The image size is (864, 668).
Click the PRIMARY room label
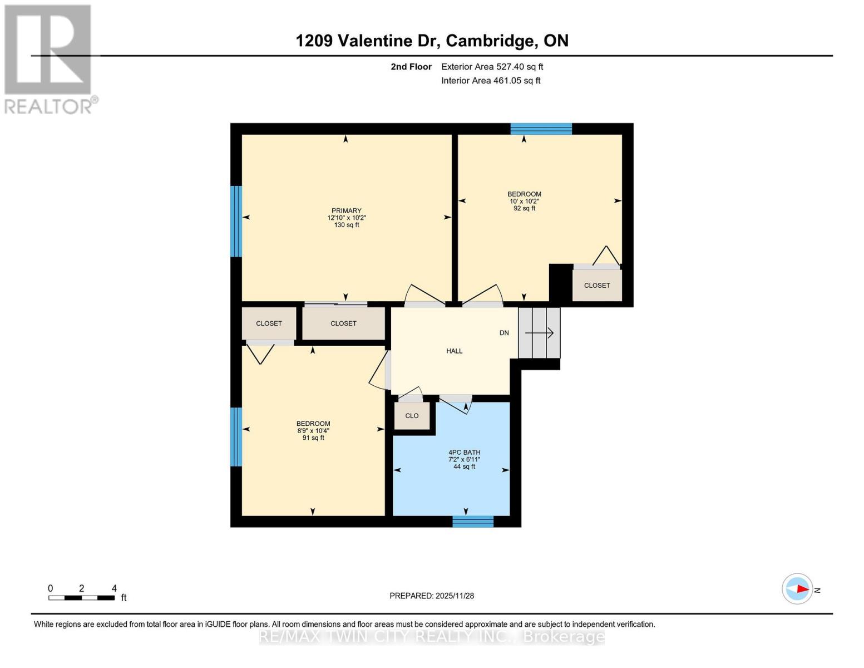tap(346, 211)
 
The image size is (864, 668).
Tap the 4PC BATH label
tap(464, 453)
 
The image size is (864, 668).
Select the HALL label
tap(454, 351)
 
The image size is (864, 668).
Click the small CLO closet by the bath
tap(412, 416)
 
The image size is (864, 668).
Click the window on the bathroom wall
tap(472, 522)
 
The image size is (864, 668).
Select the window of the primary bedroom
tap(236, 221)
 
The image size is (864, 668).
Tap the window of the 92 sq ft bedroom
tap(541, 129)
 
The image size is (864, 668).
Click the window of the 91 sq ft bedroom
tap(236, 437)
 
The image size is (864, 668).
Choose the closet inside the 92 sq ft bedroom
tap(596, 286)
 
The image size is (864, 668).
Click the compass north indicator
tap(797, 589)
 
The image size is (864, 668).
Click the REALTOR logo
tap(48, 58)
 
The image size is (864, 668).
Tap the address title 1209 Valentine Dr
tap(432, 41)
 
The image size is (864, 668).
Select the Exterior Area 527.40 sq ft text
tap(492, 67)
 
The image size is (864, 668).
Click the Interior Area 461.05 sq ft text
tap(491, 81)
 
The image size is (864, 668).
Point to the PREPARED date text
tap(432, 596)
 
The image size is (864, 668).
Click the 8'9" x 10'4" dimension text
tap(313, 431)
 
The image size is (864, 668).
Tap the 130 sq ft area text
tap(346, 225)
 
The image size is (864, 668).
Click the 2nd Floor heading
tap(411, 67)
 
